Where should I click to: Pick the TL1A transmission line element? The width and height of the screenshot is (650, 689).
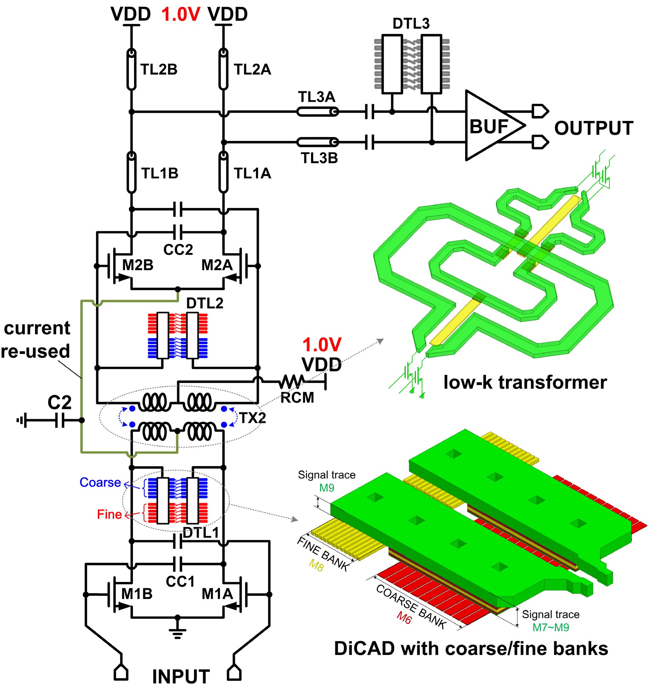pos(224,172)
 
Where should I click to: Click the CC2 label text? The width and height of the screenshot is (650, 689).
pos(178,250)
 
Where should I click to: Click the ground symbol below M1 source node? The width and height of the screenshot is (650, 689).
pos(177,633)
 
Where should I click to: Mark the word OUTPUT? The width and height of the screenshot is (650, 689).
pos(594,128)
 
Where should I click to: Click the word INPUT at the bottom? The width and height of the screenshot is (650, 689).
pos(181,677)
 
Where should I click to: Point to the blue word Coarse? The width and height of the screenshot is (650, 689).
pos(100,483)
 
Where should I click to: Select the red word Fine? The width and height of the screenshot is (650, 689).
pos(109,514)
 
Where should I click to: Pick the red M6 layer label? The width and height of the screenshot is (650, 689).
pos(404,617)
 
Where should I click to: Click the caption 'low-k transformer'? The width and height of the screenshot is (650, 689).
pos(525,383)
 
